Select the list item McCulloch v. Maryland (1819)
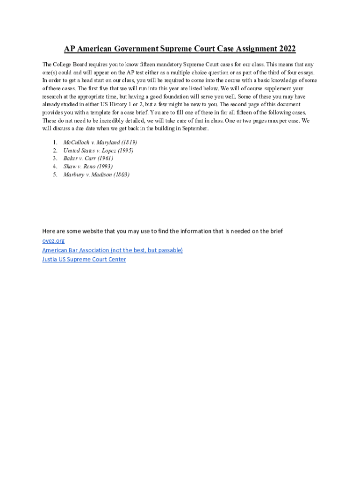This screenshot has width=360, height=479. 100,142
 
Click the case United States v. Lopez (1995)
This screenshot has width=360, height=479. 98,150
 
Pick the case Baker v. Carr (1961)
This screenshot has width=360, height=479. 88,158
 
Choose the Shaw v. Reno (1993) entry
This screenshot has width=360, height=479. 88,166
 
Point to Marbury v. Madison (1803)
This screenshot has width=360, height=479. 96,174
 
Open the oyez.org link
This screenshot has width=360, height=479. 53,240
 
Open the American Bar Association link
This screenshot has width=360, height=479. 112,250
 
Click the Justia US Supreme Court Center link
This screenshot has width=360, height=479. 84,259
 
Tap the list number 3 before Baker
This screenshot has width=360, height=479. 55,158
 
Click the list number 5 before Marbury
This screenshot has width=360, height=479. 55,174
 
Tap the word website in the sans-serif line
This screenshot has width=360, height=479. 91,231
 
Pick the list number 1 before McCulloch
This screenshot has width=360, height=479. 55,142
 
